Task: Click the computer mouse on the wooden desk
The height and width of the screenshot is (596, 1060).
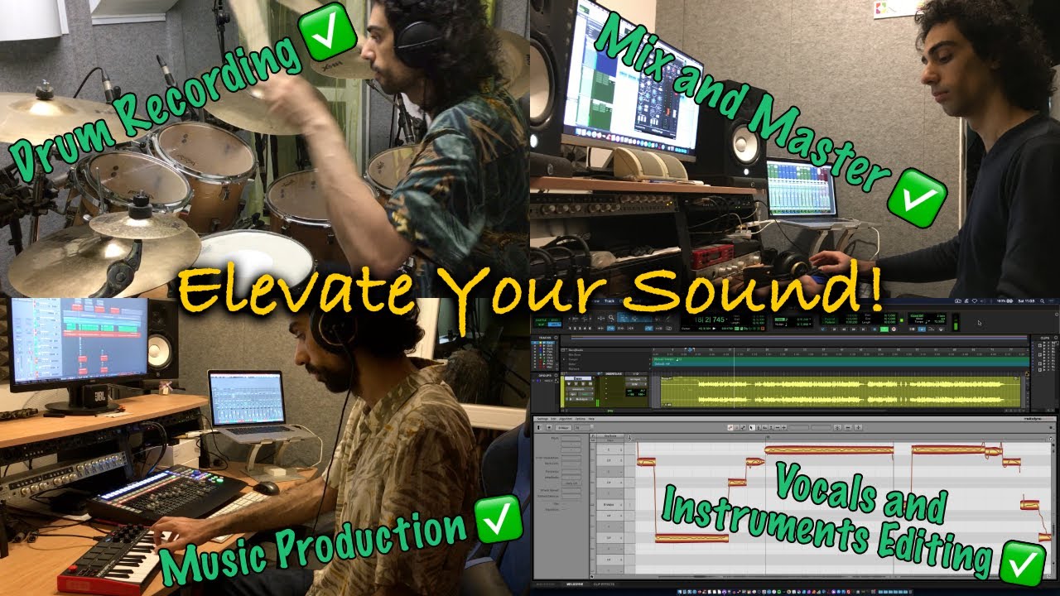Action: (267, 488)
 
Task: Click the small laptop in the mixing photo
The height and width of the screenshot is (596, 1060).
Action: (800, 188)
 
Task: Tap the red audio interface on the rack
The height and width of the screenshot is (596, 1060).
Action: (714, 256)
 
